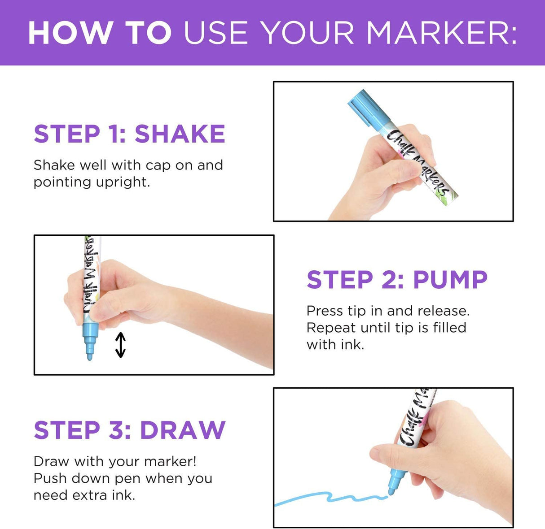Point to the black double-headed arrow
pyautogui.click(x=120, y=345)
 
